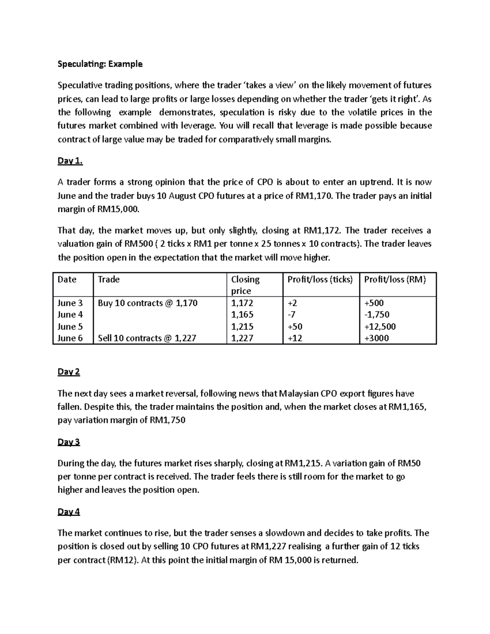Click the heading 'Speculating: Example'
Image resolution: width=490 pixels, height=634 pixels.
(100, 64)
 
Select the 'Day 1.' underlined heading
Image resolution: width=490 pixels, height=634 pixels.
(70, 161)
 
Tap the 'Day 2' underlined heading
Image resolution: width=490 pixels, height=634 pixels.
(69, 372)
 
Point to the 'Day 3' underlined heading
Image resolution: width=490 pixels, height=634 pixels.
(69, 442)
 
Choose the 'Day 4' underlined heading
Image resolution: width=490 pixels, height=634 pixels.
(69, 512)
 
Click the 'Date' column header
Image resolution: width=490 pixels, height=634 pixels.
(67, 279)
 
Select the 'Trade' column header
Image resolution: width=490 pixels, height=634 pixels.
(109, 279)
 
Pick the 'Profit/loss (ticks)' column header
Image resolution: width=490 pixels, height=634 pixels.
(320, 279)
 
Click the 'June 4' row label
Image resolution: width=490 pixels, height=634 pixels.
(70, 315)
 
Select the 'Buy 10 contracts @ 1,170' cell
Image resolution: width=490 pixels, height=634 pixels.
(148, 303)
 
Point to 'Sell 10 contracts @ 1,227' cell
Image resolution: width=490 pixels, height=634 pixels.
(147, 338)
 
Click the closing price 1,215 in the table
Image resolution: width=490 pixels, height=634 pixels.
(242, 327)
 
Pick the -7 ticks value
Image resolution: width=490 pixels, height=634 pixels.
(292, 315)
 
